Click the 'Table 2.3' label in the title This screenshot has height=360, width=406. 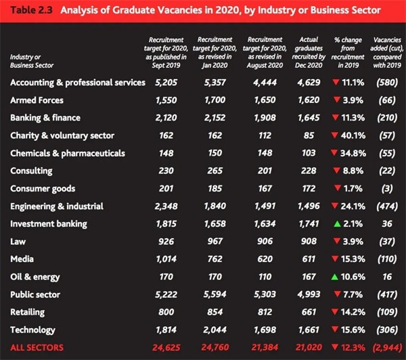tap(31, 10)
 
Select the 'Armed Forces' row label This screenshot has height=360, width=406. tap(37, 100)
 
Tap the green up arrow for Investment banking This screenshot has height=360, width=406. tap(337, 223)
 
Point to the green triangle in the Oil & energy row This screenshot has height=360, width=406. tap(334, 277)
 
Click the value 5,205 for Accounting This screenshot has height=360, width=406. tap(166, 83)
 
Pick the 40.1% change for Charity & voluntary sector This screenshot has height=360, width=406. tap(353, 135)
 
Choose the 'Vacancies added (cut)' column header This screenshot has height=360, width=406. tap(387, 52)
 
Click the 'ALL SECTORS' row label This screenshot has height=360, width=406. tap(37, 347)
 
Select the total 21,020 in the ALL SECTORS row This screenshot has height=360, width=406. tap(309, 347)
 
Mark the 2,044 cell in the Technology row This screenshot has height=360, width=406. tap(215, 330)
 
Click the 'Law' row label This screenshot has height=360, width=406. tap(18, 242)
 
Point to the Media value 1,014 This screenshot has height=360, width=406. tap(166, 259)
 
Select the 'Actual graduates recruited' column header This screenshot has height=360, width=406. tap(309, 52)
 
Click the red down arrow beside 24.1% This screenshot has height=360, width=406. tap(334, 206)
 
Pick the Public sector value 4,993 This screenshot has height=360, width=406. tap(309, 294)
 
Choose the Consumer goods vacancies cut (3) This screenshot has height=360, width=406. tap(387, 189)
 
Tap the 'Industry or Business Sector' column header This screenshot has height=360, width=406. tap(32, 61)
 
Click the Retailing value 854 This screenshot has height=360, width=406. tap(215, 312)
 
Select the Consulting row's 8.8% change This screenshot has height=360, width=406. tap(353, 171)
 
